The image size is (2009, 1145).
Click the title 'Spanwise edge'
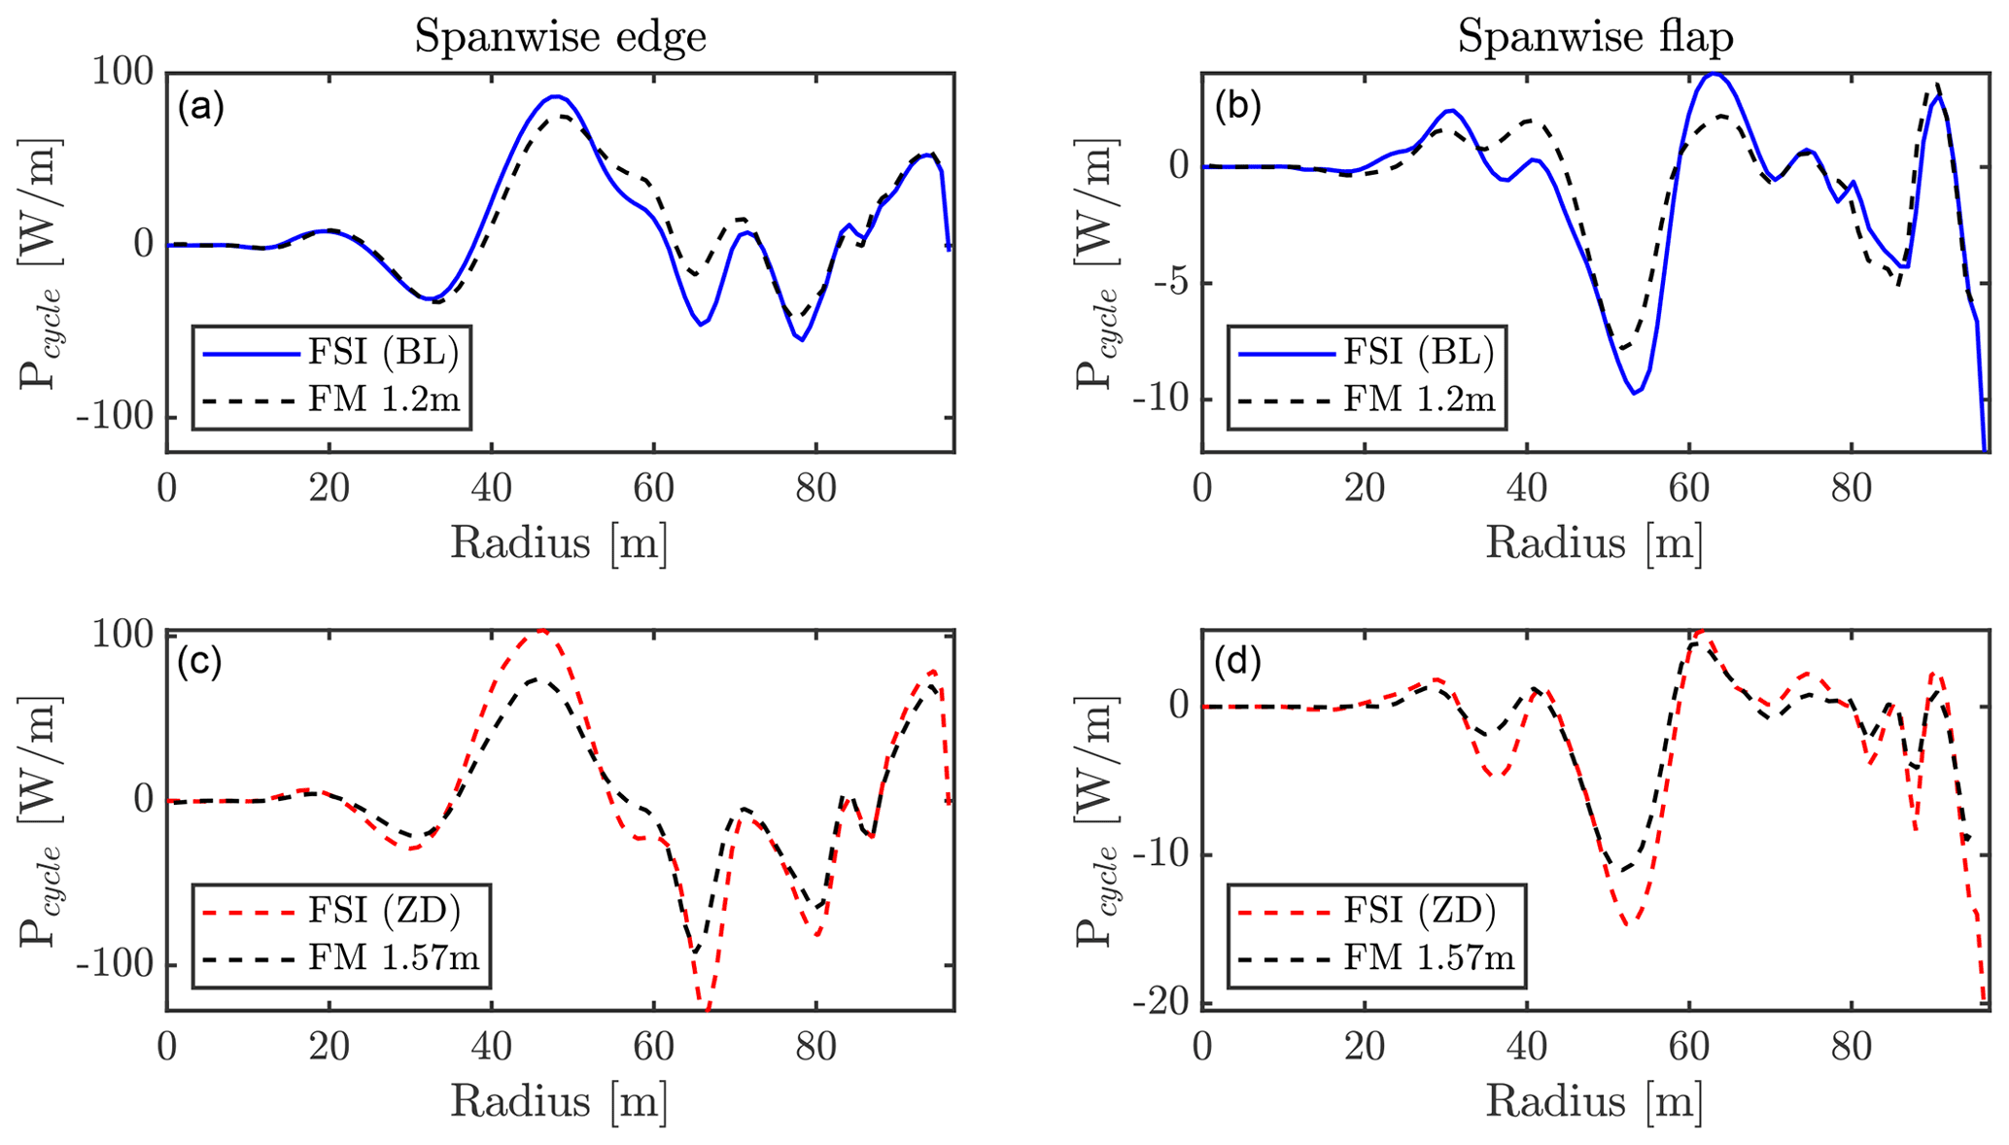560,37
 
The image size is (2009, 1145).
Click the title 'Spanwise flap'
1595,37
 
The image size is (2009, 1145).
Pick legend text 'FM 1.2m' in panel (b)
1419,399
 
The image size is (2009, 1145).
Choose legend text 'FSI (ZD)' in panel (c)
384,911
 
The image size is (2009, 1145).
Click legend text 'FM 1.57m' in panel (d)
1430,958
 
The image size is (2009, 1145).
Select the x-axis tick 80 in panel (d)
1851,1046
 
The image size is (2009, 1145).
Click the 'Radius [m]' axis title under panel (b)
1594,543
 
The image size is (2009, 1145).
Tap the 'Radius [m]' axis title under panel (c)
559,1101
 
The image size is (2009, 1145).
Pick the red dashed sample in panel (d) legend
1286,912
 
